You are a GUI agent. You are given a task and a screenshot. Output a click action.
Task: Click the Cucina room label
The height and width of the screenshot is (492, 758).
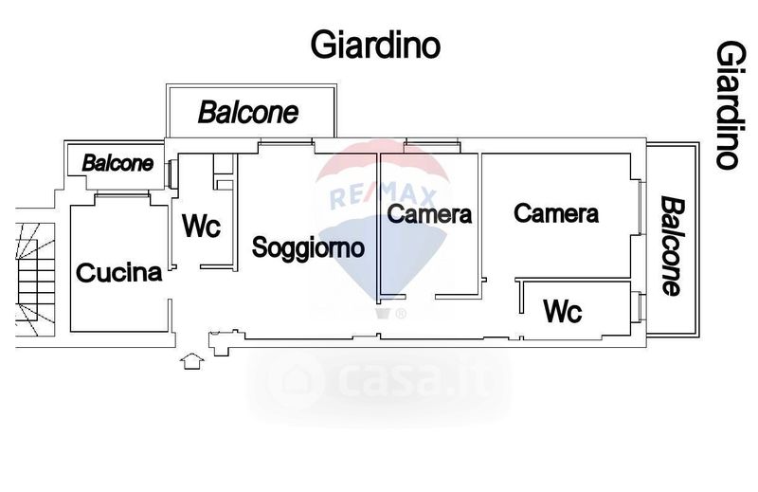[x=119, y=273]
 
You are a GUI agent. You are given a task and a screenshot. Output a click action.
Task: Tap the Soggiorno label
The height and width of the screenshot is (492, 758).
[x=308, y=247]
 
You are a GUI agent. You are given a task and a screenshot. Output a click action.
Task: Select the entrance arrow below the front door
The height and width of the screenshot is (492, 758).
[x=192, y=361]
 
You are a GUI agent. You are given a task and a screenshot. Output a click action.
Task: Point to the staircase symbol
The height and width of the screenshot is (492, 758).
[x=36, y=279]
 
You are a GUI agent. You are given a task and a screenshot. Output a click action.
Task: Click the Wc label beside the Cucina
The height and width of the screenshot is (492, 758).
[x=201, y=226]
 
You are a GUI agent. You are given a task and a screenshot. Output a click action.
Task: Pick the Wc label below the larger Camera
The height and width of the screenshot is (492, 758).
[x=563, y=311]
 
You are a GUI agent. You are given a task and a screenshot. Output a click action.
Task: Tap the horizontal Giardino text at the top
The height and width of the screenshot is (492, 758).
[x=375, y=45]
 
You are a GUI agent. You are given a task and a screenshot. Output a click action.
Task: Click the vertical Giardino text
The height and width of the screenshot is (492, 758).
[x=727, y=104]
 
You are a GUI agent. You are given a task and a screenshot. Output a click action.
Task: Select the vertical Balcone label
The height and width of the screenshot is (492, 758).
[x=673, y=246]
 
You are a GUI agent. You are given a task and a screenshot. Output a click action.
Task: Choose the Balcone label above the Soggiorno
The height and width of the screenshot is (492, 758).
[x=248, y=112]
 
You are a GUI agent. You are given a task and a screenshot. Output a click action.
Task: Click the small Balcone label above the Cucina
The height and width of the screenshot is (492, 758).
[x=117, y=163]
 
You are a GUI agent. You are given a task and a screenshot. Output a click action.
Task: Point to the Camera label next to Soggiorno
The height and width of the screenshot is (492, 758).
[x=429, y=214]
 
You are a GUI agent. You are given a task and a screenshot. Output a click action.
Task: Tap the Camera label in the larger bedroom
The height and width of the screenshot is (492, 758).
[x=556, y=213]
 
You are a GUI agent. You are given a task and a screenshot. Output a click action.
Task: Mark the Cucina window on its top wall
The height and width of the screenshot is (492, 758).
[x=122, y=194]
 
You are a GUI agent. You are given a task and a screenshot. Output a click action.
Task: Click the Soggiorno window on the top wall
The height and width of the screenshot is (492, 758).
[x=286, y=142]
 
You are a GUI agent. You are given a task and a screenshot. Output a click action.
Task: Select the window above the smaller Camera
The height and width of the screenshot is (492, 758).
[x=432, y=142]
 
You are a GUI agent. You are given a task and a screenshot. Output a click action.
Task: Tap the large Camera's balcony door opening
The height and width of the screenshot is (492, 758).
[x=641, y=208]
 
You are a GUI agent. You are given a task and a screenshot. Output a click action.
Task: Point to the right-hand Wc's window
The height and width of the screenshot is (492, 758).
[x=641, y=307]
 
